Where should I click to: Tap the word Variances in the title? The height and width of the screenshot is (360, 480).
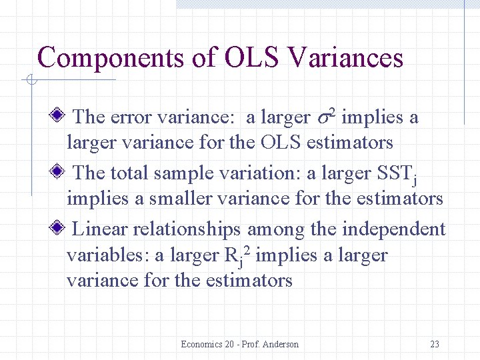[x=346, y=57]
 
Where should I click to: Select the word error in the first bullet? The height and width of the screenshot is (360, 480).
[x=131, y=118]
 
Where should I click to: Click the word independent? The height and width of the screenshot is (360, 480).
[x=393, y=230]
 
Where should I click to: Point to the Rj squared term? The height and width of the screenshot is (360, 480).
[x=237, y=256]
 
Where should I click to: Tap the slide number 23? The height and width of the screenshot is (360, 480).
[x=435, y=344]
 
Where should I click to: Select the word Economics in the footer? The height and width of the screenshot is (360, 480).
[x=202, y=344]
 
